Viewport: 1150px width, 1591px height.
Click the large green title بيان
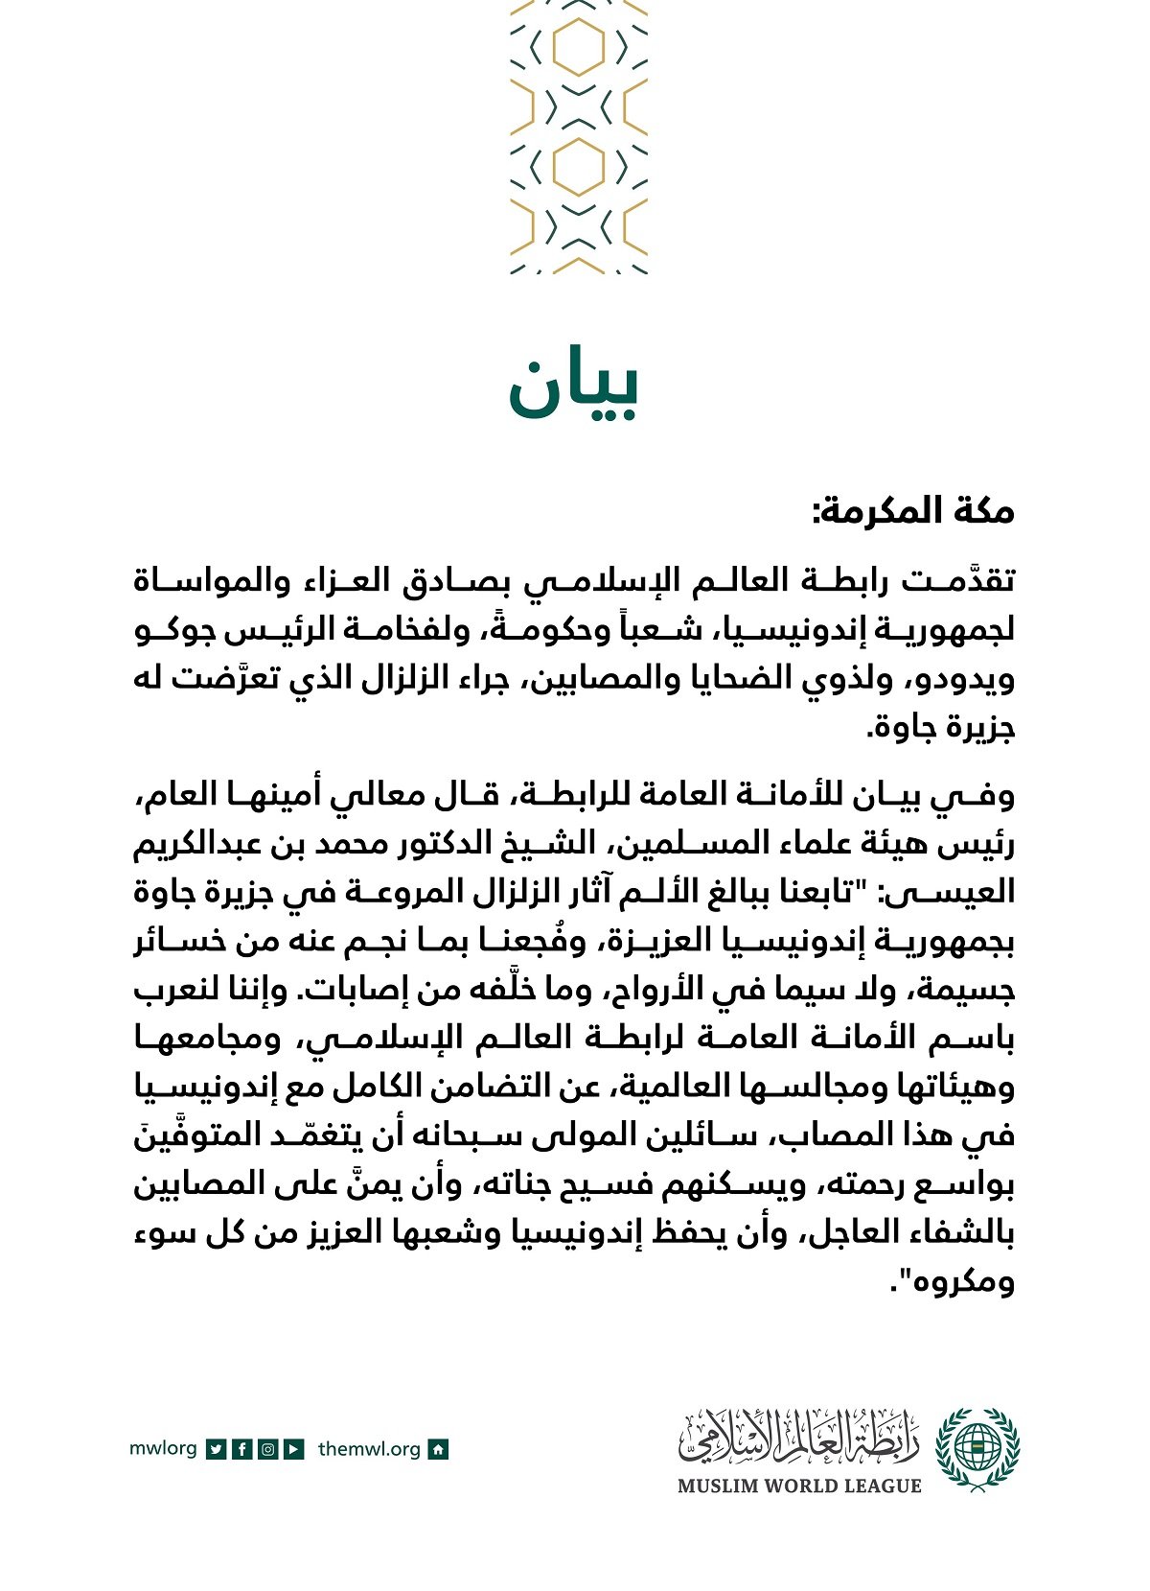(573, 389)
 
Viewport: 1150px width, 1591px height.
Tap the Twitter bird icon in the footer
(217, 1449)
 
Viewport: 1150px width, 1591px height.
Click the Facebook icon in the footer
(242, 1449)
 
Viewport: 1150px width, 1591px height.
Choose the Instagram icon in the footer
(268, 1449)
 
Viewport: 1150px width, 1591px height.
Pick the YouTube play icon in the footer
(294, 1449)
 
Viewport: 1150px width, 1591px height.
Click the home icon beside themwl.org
(438, 1449)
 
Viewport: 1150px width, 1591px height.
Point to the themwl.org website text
(369, 1449)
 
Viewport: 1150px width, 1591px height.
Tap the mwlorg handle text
(163, 1448)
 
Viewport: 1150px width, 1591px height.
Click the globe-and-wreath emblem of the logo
(977, 1447)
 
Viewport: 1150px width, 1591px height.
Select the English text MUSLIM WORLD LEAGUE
(799, 1486)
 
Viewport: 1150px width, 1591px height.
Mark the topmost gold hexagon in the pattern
(579, 47)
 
